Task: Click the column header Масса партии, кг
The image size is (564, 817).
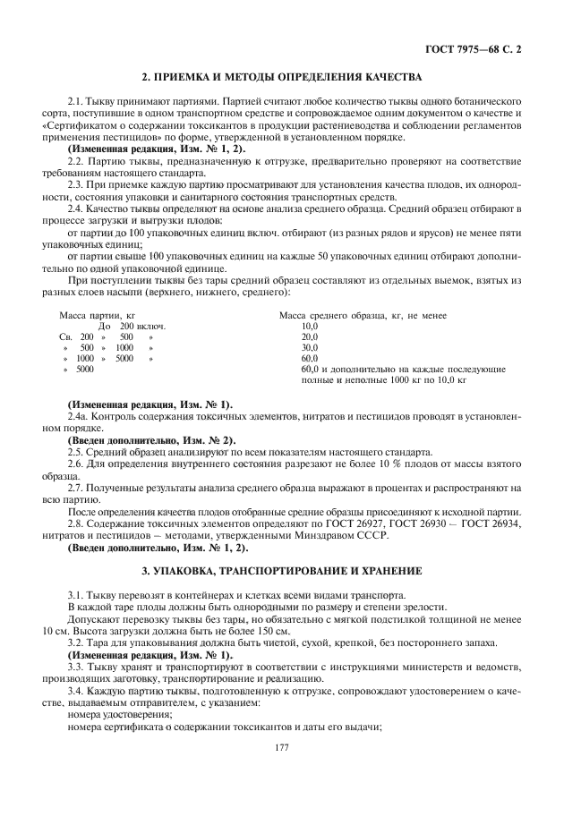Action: pos(97,316)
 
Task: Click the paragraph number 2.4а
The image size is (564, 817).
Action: pos(79,418)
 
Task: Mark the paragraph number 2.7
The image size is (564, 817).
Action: pos(76,488)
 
